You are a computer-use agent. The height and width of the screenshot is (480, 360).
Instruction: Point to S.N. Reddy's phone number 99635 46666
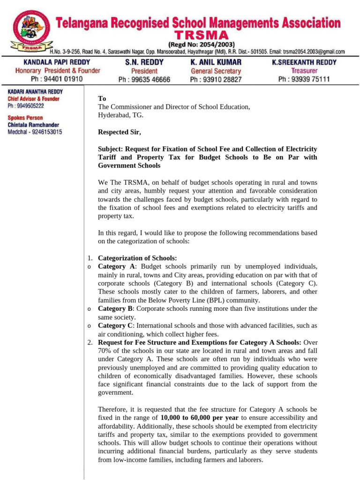pyautogui.click(x=144, y=80)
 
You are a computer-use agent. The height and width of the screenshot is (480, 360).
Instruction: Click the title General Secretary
pyautogui.click(x=216, y=71)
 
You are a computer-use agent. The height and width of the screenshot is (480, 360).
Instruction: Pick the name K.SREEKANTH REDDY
pyautogui.click(x=304, y=62)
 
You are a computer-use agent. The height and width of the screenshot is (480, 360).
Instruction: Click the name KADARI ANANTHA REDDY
pyautogui.click(x=35, y=92)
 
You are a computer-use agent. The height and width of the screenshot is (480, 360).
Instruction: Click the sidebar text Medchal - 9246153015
pyautogui.click(x=35, y=132)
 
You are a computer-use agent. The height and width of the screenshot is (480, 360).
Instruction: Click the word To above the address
pyautogui.click(x=102, y=99)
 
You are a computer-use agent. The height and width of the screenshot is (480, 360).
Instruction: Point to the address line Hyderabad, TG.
pyautogui.click(x=120, y=115)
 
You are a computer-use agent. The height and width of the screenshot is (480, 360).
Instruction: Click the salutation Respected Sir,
pyautogui.click(x=119, y=132)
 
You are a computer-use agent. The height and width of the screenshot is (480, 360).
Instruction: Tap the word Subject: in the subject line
pyautogui.click(x=110, y=149)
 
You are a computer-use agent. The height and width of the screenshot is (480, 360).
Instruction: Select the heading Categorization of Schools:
pyautogui.click(x=137, y=258)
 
